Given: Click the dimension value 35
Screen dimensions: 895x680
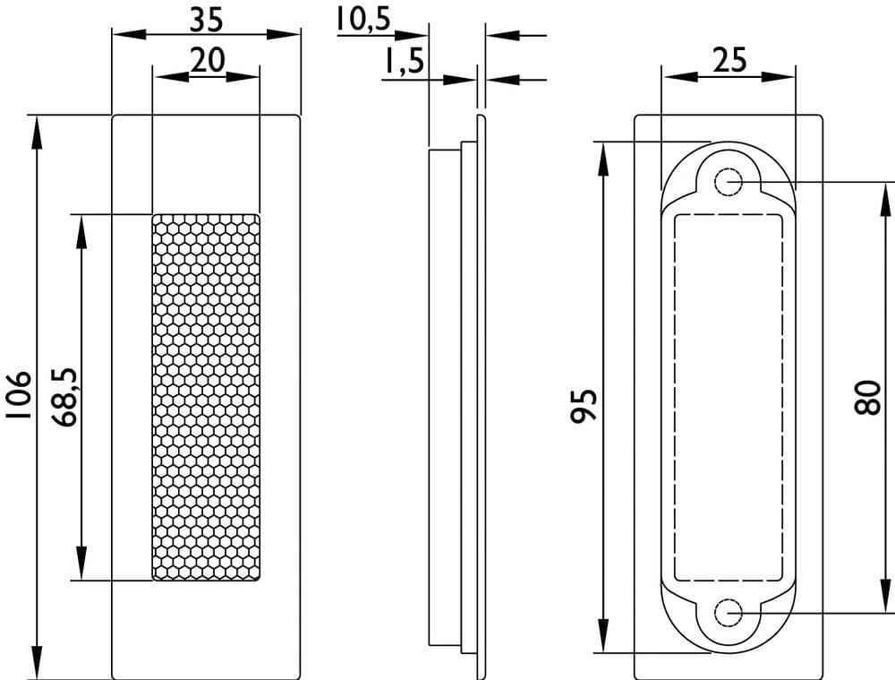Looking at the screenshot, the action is (x=207, y=20).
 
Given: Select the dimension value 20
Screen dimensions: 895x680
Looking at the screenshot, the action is (x=208, y=60).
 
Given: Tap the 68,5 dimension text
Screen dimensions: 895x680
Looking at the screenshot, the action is (x=64, y=397).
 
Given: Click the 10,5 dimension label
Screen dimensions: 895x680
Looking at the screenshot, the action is (x=363, y=19).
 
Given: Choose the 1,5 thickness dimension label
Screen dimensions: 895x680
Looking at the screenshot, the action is (x=404, y=61).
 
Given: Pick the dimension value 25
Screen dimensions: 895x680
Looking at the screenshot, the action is (x=729, y=60).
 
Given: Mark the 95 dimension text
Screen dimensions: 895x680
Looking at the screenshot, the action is (x=584, y=406).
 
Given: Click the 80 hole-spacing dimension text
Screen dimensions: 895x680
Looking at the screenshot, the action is (x=868, y=397).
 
